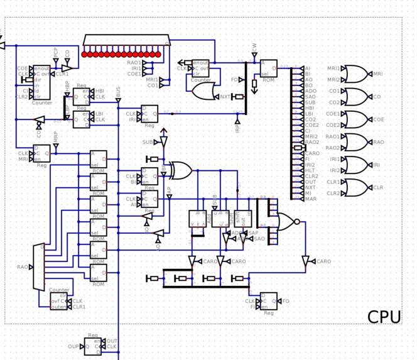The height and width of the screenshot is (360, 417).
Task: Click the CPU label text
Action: pyautogui.click(x=384, y=317)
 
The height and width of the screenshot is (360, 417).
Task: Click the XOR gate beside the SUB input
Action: pyautogui.click(x=181, y=170)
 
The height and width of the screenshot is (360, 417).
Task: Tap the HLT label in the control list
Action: pyautogui.click(x=310, y=170)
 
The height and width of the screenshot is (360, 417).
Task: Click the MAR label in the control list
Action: pyautogui.click(x=311, y=199)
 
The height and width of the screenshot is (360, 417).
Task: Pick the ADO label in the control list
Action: pyautogui.click(x=311, y=91)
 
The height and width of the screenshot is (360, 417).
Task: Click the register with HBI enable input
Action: pyautogui.click(x=82, y=94)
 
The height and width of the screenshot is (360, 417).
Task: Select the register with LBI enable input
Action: pyautogui.click(x=82, y=117)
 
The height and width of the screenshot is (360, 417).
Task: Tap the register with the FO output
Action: pyautogui.click(x=268, y=302)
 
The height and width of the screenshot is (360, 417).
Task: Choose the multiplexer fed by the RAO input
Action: pyautogui.click(x=39, y=266)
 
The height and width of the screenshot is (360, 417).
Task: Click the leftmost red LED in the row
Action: pyautogui.click(x=85, y=55)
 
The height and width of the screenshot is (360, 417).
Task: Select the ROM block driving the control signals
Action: pyautogui.click(x=269, y=70)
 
